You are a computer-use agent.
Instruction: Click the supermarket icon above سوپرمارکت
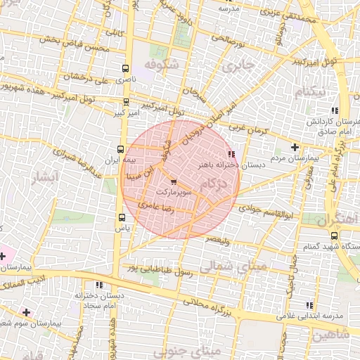pyautogui.click(x=174, y=183)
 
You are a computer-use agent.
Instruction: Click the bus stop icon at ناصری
pyautogui.click(x=125, y=69)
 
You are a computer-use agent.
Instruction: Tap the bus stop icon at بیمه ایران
pyautogui.click(x=120, y=149)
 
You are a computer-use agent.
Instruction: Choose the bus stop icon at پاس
pyautogui.click(x=123, y=217)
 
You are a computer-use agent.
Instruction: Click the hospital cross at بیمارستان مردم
pyautogui.click(x=295, y=147)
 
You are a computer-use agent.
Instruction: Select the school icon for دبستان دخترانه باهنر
pyautogui.click(x=231, y=154)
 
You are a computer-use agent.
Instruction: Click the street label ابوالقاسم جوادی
pyautogui.click(x=259, y=209)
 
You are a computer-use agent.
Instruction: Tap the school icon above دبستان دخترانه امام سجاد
pyautogui.click(x=98, y=285)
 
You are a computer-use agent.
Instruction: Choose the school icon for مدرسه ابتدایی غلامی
pyautogui.click(x=309, y=304)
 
